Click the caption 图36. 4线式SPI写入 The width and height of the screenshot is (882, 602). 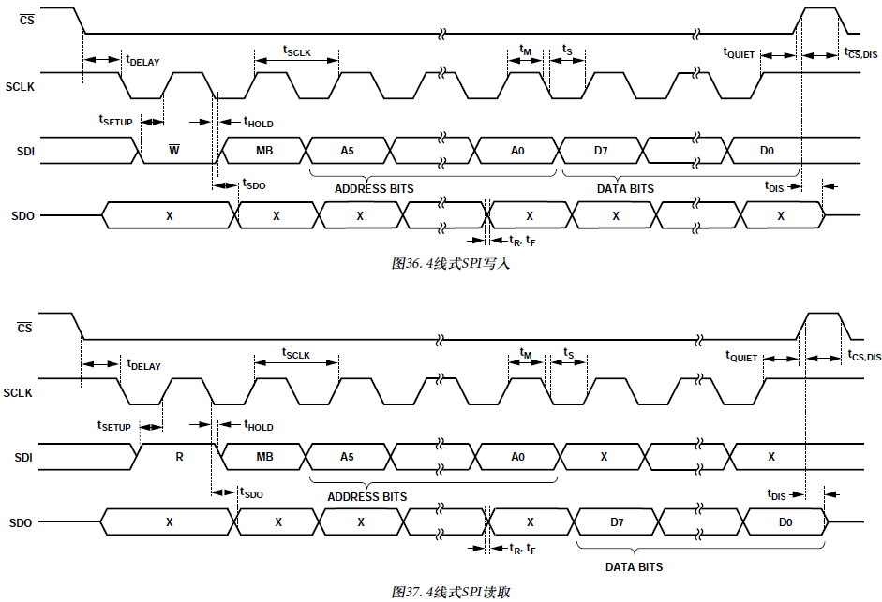coord(450,264)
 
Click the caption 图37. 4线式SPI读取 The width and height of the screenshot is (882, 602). coord(451,592)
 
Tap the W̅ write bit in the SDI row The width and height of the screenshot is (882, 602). coord(173,150)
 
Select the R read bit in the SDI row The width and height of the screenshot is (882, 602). coord(179,457)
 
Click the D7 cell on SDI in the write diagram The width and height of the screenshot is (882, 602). coord(601,150)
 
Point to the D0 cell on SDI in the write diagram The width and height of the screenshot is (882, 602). coord(767,150)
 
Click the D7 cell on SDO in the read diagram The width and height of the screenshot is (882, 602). coord(617,521)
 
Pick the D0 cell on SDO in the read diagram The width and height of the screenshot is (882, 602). coord(785,521)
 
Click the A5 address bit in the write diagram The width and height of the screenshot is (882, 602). coord(348,150)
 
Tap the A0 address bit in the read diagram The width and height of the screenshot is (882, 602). coord(517,457)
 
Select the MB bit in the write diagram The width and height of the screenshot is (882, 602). coord(264,150)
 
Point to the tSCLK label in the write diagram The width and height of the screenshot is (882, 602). coord(296,50)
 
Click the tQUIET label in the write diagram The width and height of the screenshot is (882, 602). coord(739,53)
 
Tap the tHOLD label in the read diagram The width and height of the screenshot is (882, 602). coord(259,426)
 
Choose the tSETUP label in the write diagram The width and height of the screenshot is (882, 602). coord(115,120)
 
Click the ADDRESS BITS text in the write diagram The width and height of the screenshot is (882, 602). coord(374,188)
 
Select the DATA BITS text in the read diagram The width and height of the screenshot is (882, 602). coord(634,567)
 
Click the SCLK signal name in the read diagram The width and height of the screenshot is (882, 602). coord(18,392)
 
